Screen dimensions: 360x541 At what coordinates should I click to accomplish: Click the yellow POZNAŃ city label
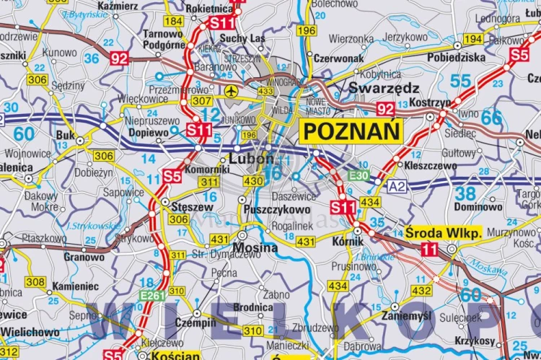(x=351, y=131)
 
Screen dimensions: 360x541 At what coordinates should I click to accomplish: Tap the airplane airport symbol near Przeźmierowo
(x=231, y=91)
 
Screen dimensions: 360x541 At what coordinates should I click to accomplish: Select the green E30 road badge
(x=359, y=175)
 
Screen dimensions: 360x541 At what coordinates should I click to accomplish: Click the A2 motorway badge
(x=396, y=185)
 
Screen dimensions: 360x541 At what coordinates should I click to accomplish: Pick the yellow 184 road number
(x=173, y=21)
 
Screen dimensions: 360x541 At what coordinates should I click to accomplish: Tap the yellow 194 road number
(x=473, y=39)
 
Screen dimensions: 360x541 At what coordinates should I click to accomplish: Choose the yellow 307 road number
(x=202, y=102)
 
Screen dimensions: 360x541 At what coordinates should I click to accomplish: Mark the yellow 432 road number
(x=422, y=290)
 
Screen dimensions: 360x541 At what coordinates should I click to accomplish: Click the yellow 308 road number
(x=35, y=281)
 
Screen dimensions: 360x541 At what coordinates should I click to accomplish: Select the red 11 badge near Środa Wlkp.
(x=429, y=250)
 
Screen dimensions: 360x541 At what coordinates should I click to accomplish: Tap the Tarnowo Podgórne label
(x=162, y=39)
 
